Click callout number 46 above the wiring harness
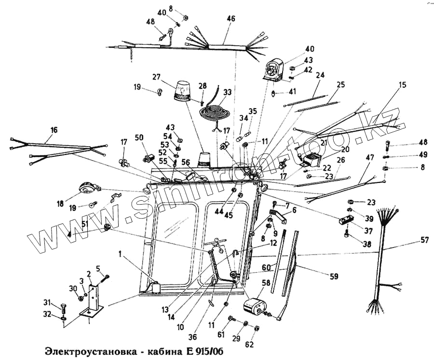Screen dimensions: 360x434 [x=231, y=19]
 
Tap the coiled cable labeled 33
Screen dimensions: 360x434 [x=216, y=114]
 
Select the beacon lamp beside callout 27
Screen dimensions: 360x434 [x=183, y=92]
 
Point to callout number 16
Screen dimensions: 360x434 [x=54, y=129]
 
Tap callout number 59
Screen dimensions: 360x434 [x=334, y=277]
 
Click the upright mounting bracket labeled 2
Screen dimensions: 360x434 [x=95, y=298]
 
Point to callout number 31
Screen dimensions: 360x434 [x=47, y=303]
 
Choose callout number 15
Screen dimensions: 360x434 [x=403, y=85]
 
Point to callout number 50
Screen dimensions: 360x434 [x=139, y=138]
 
